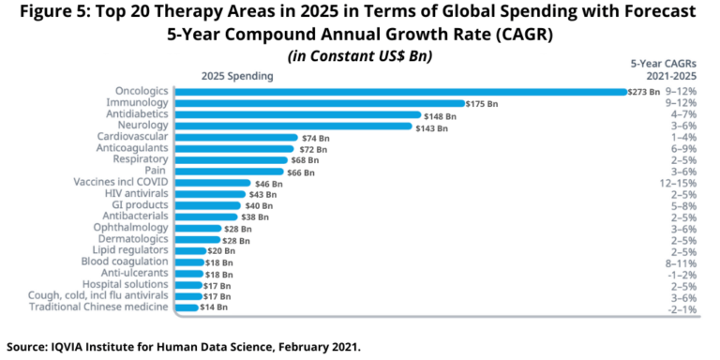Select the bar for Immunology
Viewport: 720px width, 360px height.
point(320,103)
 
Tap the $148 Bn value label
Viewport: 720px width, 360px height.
point(439,115)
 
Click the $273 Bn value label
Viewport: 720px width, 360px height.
point(644,92)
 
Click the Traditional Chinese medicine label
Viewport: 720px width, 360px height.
point(99,307)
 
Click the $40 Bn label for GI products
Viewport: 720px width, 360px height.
point(259,205)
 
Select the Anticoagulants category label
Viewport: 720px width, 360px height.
point(132,148)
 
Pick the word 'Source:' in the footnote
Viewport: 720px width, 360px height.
point(29,345)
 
